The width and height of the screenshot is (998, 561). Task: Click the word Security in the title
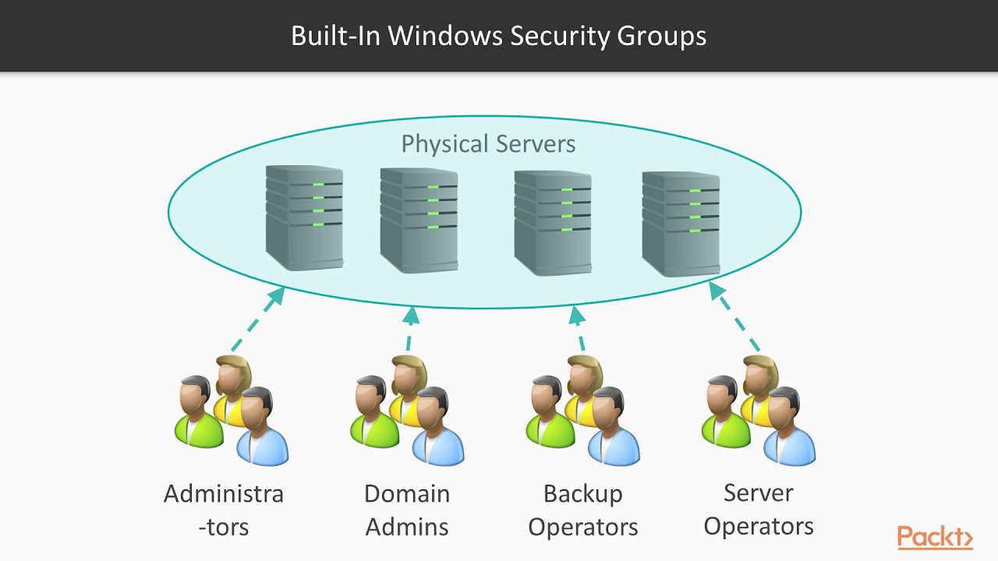tap(557, 36)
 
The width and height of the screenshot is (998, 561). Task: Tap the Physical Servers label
tap(488, 143)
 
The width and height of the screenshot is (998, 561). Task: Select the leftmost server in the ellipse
tap(304, 217)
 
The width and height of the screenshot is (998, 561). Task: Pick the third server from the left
tap(553, 223)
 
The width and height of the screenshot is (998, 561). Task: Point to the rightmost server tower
tap(681, 224)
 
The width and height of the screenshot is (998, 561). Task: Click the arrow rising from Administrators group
tap(257, 320)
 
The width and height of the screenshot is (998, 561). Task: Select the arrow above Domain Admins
tap(410, 328)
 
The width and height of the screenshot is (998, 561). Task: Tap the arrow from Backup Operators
tap(579, 328)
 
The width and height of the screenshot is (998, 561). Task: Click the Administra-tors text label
tap(224, 510)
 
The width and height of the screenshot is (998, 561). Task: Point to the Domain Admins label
tap(407, 510)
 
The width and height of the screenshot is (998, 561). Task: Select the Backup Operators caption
tap(583, 510)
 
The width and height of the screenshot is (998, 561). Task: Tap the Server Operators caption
tap(759, 509)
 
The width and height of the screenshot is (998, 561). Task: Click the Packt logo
tap(935, 537)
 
